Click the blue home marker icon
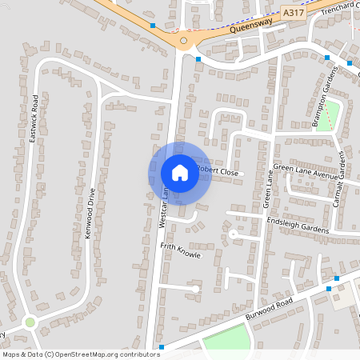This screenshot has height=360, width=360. [x=179, y=173]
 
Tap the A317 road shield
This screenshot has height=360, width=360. [x=294, y=14]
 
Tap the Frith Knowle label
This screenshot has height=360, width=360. [x=181, y=250]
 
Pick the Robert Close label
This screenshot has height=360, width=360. [x=218, y=171]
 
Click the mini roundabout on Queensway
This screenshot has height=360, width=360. [x=184, y=40]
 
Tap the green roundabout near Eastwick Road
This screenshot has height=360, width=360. [x=30, y=322]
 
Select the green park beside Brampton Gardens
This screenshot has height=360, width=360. [x=331, y=115]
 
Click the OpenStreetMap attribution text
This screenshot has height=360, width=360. [x=81, y=354]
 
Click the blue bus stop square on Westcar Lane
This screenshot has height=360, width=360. [x=198, y=59]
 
